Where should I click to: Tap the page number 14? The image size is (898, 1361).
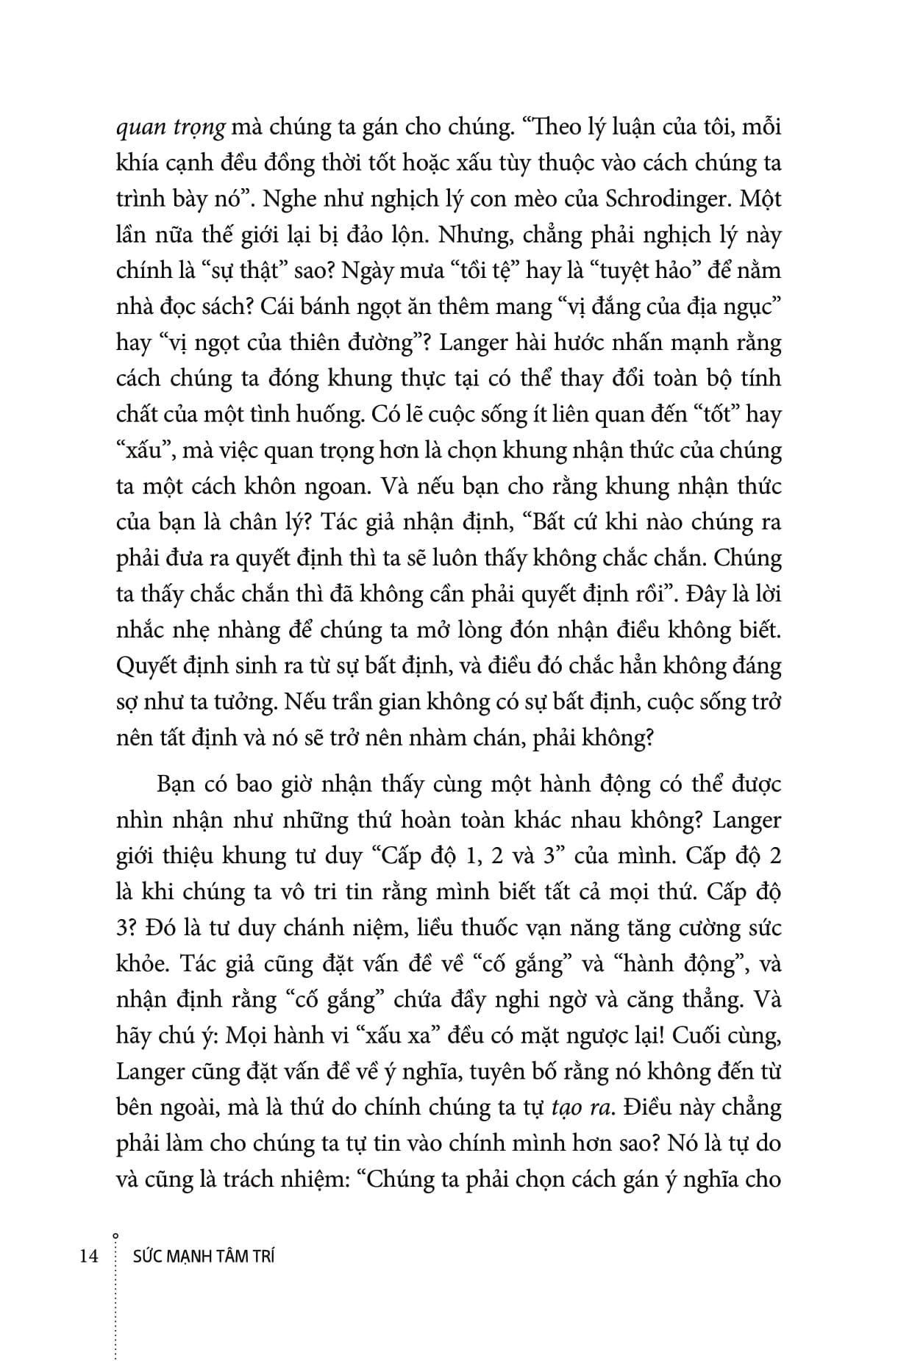89,1257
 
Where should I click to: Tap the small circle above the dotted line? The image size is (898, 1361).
116,1235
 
